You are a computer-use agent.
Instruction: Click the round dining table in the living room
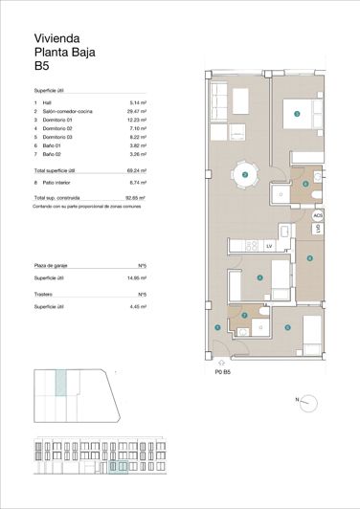246,175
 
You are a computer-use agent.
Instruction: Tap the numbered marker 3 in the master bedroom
297,114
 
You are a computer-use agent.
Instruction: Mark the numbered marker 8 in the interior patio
309,257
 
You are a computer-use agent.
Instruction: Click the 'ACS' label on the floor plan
318,216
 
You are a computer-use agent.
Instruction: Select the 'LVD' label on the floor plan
317,230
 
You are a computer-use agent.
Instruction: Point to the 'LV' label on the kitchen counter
270,246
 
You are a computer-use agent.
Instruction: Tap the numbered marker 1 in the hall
218,328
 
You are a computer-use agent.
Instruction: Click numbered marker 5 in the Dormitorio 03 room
286,327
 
